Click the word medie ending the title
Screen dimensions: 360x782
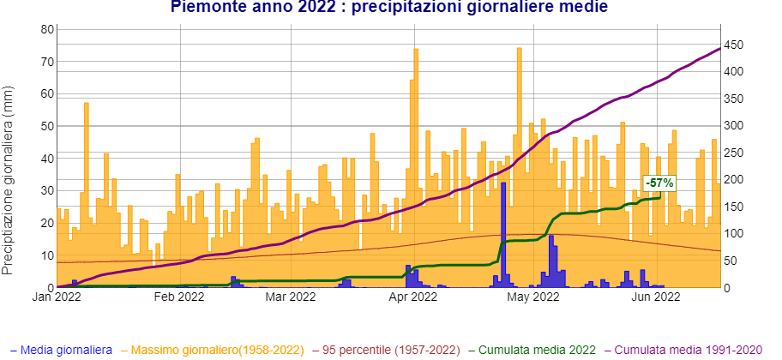pos(586,7)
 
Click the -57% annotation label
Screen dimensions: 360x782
pos(659,183)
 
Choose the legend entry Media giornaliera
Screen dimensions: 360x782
pos(66,351)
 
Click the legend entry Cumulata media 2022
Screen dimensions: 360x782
pos(537,351)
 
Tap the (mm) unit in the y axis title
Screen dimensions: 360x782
pos(9,99)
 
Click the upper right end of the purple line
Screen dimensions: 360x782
pos(719,48)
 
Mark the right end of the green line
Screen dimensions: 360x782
pos(660,197)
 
